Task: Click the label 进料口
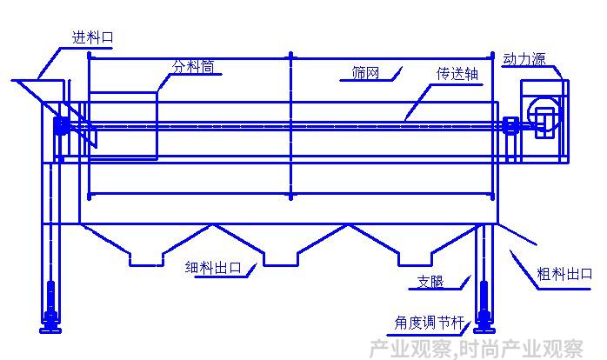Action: [x=92, y=37]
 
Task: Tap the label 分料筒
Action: [x=193, y=67]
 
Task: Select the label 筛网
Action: [x=365, y=72]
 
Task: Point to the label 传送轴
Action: [x=457, y=74]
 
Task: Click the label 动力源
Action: [x=524, y=59]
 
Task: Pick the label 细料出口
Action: [x=213, y=268]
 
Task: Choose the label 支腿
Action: [x=430, y=282]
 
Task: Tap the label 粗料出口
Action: [x=564, y=274]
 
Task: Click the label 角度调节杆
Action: [x=429, y=323]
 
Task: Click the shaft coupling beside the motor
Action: [x=510, y=125]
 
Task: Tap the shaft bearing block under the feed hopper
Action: [x=61, y=125]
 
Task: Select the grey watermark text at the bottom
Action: [x=476, y=349]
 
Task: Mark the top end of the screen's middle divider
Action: [x=290, y=53]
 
